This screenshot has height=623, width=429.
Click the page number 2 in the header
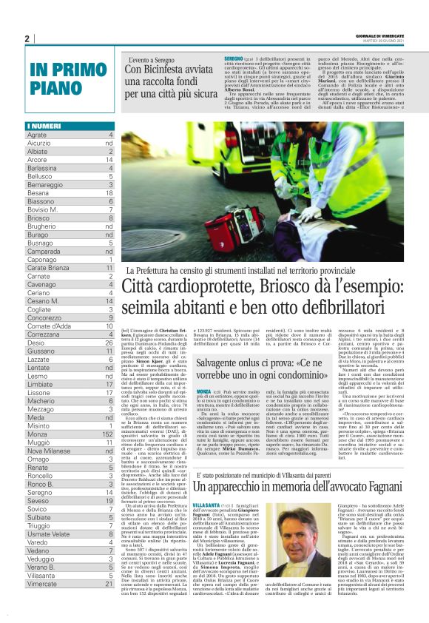27,39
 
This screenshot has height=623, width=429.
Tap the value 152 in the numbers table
107,437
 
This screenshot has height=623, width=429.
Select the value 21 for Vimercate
109,583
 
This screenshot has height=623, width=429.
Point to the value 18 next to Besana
109,192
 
